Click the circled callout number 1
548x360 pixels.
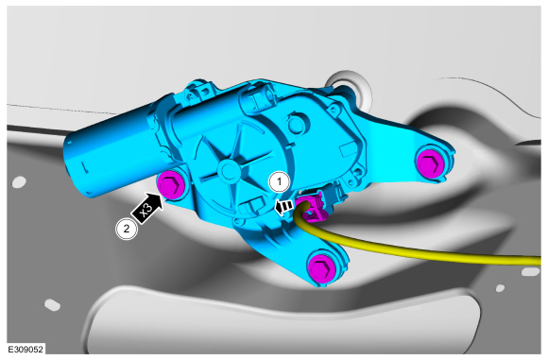point(280,182)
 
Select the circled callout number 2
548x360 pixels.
point(127,229)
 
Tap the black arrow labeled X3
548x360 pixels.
point(147,209)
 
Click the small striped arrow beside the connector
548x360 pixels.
point(283,207)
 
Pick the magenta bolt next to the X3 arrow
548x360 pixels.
point(171,185)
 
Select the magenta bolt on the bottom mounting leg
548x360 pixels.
point(321,267)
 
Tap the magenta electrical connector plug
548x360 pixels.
point(310,207)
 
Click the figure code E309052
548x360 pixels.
point(26,350)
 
